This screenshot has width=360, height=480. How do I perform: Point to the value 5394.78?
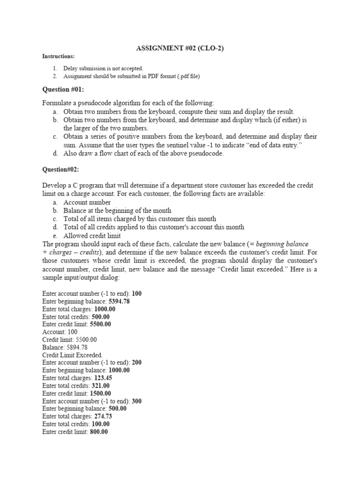[119, 301]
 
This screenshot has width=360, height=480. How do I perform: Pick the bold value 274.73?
[103, 416]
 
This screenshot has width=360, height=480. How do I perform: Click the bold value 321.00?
[101, 386]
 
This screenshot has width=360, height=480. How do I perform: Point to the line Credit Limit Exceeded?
[72, 355]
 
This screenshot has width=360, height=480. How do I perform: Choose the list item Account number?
[87, 202]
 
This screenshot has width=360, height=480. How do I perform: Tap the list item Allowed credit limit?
[92, 236]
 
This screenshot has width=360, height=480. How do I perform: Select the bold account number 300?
[137, 401]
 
